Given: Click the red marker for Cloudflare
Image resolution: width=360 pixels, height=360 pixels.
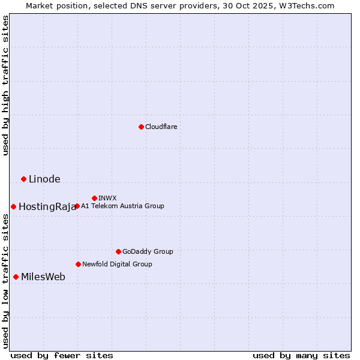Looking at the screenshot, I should click(141, 127).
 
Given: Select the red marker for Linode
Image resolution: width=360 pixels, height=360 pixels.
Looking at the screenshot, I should click(23, 179).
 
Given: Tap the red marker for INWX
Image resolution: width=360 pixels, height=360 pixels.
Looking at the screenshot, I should click(94, 198).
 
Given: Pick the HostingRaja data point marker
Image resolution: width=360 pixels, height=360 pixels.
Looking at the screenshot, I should click(13, 206).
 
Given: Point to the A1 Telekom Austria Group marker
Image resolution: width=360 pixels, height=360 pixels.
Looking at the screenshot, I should click(77, 206).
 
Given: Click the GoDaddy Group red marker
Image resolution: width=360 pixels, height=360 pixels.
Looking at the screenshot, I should click(118, 251).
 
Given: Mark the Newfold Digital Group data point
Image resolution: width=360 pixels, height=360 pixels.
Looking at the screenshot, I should click(78, 264).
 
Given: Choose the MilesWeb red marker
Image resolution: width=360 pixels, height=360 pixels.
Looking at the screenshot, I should click(16, 277).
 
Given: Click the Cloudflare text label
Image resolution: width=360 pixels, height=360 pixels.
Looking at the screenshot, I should click(161, 127).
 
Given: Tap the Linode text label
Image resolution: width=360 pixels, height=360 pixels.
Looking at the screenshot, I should click(44, 179).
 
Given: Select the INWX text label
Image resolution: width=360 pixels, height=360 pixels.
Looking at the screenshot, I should click(107, 198).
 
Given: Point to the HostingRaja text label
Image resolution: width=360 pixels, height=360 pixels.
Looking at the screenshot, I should click(47, 207).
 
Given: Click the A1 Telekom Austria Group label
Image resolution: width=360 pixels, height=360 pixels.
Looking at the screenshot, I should click(122, 206).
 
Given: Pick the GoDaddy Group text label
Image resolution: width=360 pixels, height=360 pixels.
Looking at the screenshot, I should click(148, 251).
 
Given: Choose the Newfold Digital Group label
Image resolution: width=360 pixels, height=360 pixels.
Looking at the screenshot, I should click(117, 264).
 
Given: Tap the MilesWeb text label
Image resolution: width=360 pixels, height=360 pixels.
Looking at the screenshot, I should click(43, 277).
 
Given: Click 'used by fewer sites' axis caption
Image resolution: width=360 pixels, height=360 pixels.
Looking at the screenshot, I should click(62, 355).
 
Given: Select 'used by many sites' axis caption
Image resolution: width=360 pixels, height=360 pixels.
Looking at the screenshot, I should click(301, 355).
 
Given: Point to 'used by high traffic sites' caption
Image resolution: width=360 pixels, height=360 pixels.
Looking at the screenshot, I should click(5, 85).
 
